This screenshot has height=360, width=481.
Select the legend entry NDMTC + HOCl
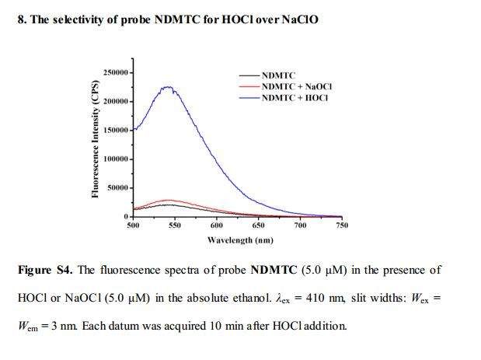[295, 97]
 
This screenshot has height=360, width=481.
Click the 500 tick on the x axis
[133, 225]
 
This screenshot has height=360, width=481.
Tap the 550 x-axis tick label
[175, 225]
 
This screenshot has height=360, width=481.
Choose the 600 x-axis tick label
[217, 225]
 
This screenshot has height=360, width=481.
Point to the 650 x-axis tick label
[259, 225]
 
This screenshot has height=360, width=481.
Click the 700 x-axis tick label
[300, 225]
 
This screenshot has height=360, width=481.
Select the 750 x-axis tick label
[341, 225]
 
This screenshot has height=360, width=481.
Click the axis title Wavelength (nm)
[239, 240]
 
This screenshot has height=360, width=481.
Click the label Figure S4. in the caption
[45, 271]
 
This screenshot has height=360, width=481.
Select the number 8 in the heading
[20, 19]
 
